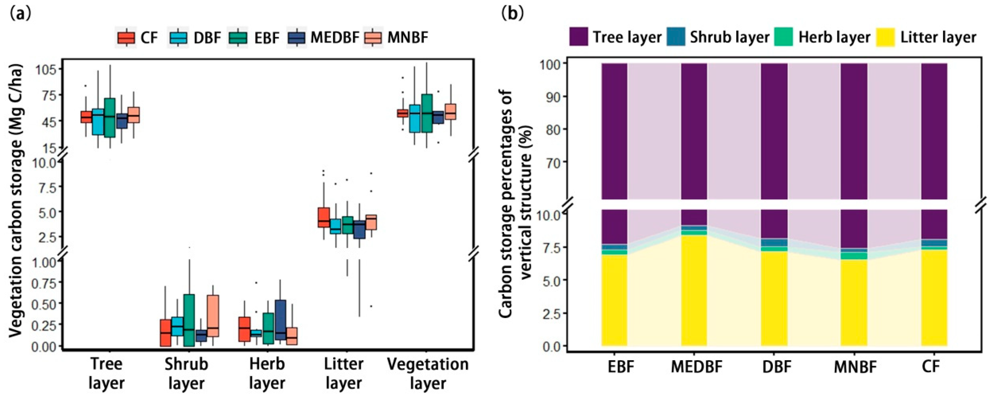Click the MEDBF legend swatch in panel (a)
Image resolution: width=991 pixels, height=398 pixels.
pos(297,38)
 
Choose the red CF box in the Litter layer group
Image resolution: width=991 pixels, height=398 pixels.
pos(323,217)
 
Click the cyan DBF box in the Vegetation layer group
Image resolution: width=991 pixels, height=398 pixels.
pos(415,118)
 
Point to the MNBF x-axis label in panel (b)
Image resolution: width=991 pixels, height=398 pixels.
pos(855,367)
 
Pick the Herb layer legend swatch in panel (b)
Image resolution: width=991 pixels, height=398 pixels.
pos(784,37)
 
